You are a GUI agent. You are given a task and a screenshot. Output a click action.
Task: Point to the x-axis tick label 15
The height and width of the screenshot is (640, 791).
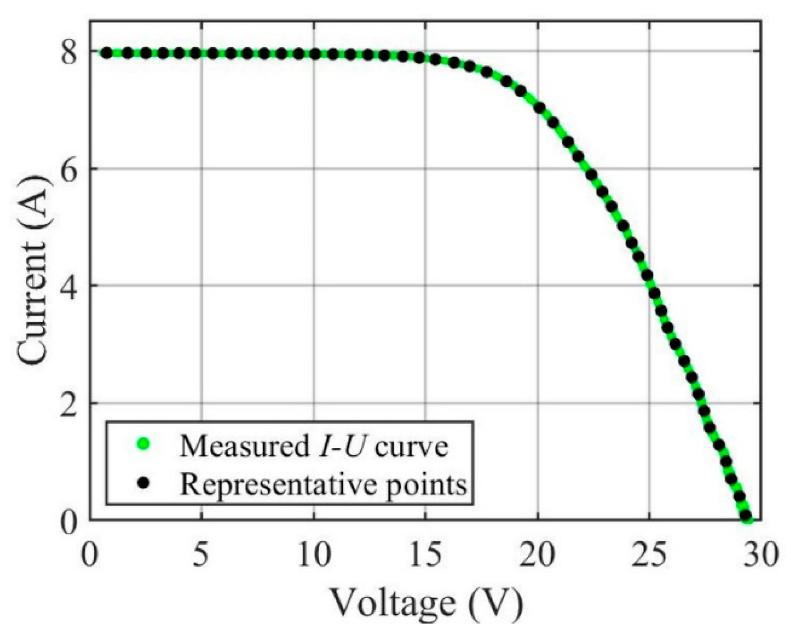click(x=426, y=555)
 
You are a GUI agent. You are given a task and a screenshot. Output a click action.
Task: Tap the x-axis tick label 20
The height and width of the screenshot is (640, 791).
click(x=538, y=555)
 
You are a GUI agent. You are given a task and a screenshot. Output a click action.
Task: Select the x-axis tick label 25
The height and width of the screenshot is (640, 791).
click(x=650, y=555)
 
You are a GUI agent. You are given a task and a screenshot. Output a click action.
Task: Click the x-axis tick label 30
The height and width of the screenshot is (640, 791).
click(x=762, y=555)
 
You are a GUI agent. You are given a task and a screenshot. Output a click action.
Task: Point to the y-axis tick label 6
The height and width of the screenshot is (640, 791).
click(x=69, y=169)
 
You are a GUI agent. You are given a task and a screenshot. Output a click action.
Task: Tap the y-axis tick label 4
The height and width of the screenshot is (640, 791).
click(x=69, y=286)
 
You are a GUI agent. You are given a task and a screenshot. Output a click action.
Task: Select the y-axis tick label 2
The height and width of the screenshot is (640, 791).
click(x=69, y=403)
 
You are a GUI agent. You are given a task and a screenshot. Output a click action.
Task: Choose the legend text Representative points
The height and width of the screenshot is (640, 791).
click(x=323, y=484)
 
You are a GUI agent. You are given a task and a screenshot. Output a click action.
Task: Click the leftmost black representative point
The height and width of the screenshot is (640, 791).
click(x=107, y=53)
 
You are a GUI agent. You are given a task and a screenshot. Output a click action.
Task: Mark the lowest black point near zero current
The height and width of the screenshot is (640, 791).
click(x=746, y=516)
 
